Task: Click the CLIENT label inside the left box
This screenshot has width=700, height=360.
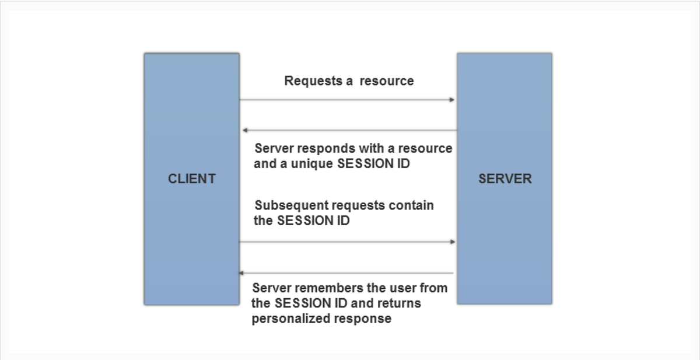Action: [x=191, y=179]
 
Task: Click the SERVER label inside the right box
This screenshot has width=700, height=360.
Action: [x=505, y=179]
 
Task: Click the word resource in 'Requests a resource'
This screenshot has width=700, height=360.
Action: [x=386, y=81]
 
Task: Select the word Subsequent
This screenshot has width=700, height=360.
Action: [x=290, y=206]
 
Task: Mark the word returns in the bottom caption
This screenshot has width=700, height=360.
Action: [x=401, y=303]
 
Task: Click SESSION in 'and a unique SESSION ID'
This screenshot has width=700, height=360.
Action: [x=362, y=163]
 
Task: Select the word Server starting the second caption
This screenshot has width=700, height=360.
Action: [x=274, y=148]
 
